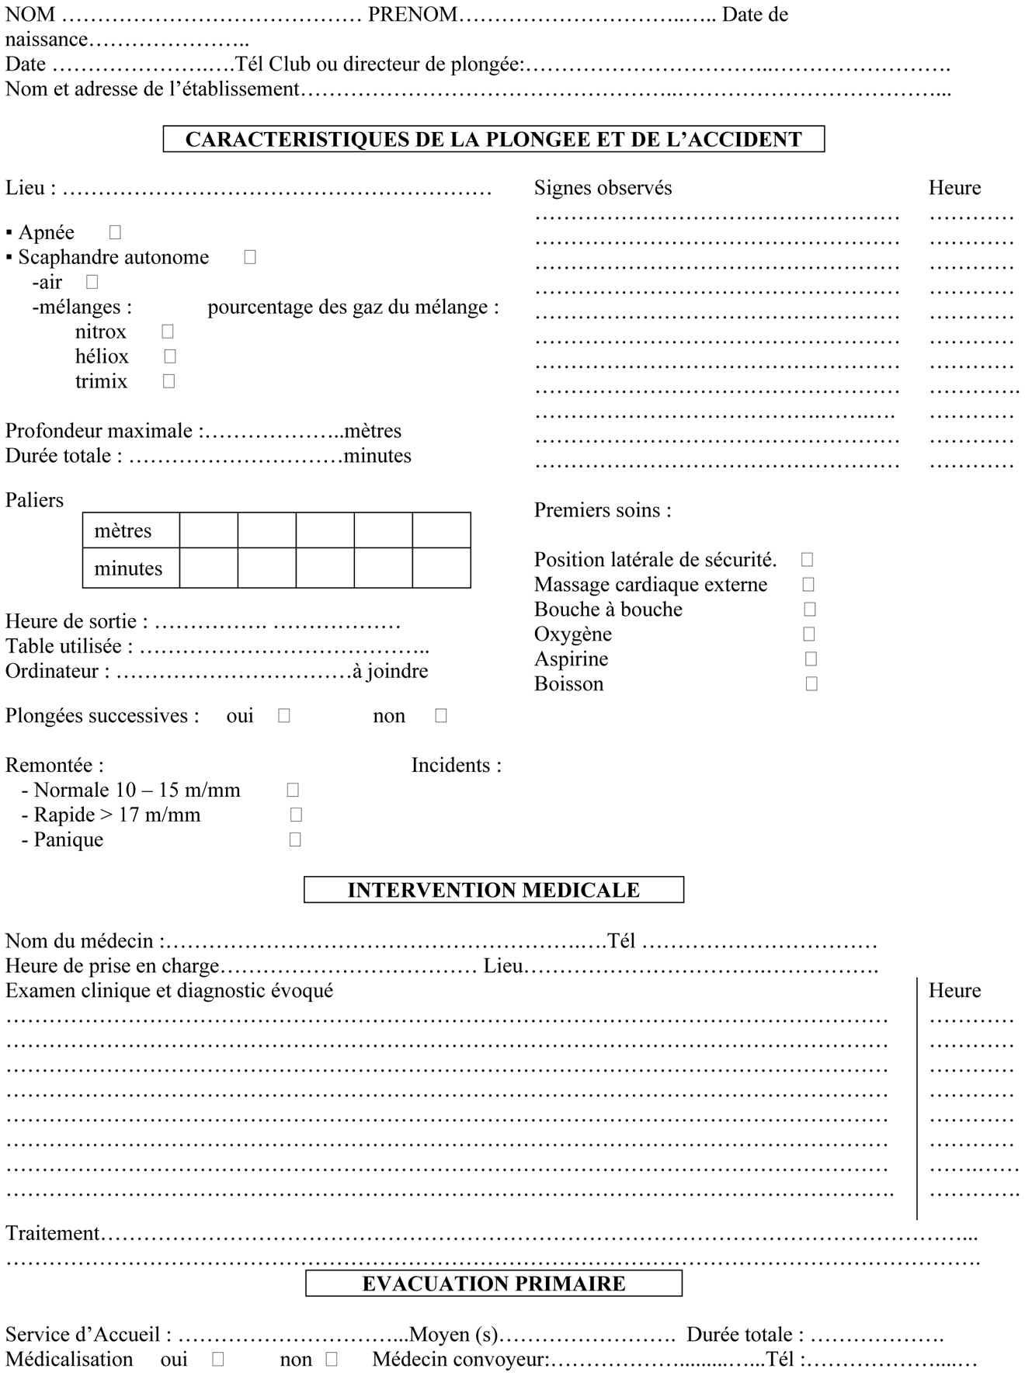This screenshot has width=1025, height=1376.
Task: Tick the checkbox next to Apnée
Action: [115, 231]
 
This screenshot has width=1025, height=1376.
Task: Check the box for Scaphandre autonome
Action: [249, 256]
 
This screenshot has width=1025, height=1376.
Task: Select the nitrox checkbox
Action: [168, 331]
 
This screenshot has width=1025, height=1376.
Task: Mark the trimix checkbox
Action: [169, 380]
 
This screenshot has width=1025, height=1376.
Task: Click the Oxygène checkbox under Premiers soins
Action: [808, 634]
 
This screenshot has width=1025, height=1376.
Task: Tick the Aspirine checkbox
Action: [811, 658]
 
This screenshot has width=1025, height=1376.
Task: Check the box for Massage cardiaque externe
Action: [808, 584]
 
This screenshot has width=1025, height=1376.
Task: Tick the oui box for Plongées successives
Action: [283, 715]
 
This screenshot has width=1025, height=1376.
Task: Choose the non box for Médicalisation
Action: [332, 1359]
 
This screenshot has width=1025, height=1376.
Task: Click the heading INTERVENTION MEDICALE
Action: [493, 890]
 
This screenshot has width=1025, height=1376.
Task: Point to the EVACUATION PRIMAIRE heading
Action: [493, 1283]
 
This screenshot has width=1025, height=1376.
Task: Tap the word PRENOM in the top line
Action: [412, 14]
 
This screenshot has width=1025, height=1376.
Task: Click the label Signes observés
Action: [603, 188]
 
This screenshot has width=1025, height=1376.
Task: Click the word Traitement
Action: [53, 1233]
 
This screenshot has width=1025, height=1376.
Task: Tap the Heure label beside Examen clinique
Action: [954, 991]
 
